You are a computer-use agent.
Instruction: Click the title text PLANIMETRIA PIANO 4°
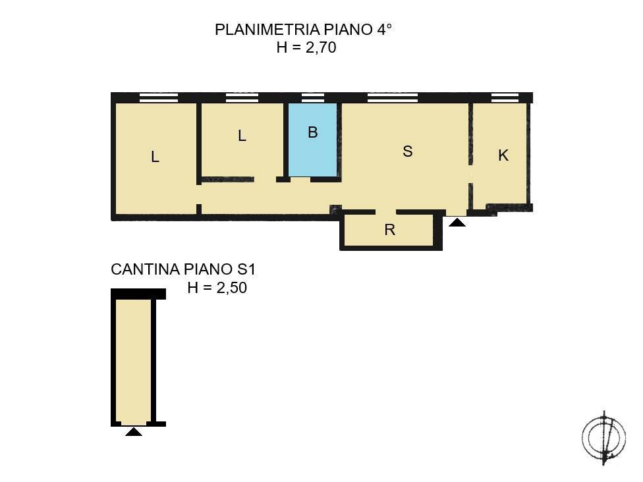[x=304, y=30]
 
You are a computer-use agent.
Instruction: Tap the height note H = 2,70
[x=306, y=47]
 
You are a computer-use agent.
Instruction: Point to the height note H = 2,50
[x=217, y=287]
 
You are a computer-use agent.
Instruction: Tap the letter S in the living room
[x=407, y=151]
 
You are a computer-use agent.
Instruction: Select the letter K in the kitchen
[x=503, y=155]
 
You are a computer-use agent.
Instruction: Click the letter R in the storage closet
[x=389, y=230]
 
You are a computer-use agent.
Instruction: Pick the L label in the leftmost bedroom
[x=155, y=157]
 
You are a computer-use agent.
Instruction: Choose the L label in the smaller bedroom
[x=242, y=136]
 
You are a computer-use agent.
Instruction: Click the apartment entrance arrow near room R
[x=457, y=223]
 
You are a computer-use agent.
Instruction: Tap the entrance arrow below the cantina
[x=134, y=432]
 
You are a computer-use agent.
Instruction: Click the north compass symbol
[x=603, y=437]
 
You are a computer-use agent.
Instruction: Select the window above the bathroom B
[x=312, y=98]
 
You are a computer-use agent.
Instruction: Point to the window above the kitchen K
[x=505, y=98]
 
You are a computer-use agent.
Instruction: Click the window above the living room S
[x=392, y=98]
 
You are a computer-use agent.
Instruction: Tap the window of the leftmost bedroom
[x=159, y=98]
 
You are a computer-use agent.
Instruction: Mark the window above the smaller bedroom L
[x=242, y=98]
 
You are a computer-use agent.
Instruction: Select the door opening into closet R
[x=385, y=212]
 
